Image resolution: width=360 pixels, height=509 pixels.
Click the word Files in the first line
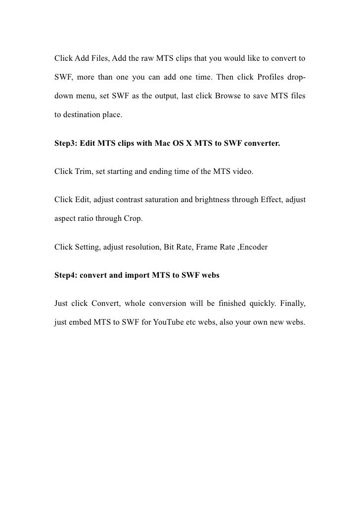pyautogui.click(x=100, y=60)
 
